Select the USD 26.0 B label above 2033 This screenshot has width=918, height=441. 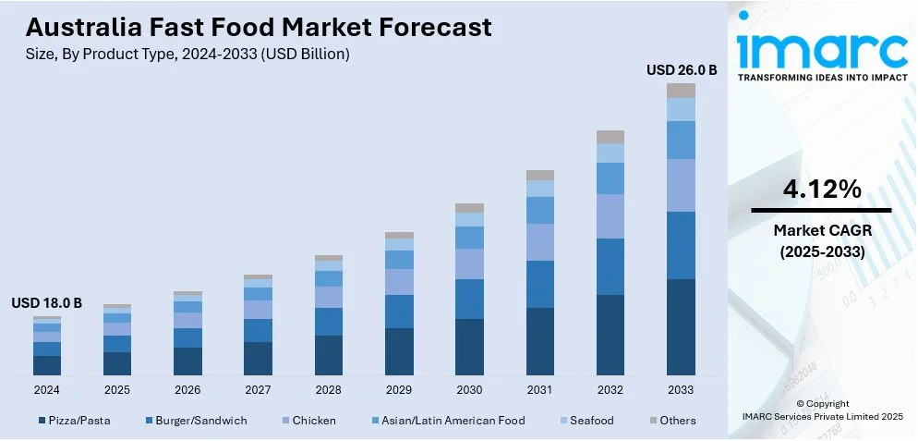click(682, 69)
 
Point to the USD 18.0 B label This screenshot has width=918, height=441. click(47, 302)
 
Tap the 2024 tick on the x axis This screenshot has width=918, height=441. click(47, 389)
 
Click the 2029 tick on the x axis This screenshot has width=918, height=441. click(399, 389)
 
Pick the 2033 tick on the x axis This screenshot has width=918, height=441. click(681, 389)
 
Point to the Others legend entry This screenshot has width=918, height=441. click(671, 421)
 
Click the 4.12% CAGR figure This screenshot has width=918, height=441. click(822, 190)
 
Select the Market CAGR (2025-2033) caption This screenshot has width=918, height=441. click(822, 240)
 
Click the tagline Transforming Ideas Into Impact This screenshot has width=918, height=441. click(822, 78)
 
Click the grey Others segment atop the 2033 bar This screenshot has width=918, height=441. click(681, 91)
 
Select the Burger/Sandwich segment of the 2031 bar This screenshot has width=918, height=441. click(540, 284)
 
